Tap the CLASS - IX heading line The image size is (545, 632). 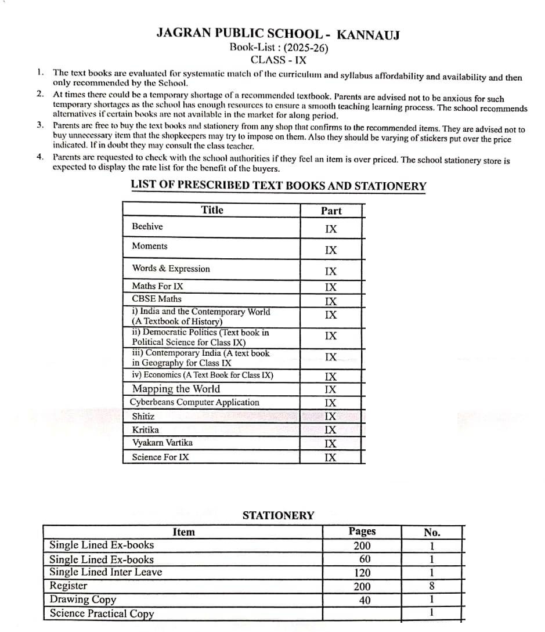[x=279, y=60]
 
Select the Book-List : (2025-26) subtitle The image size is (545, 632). [x=279, y=48]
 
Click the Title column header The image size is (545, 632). [x=212, y=210]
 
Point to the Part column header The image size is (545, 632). [x=331, y=211]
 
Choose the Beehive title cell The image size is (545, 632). [x=147, y=226]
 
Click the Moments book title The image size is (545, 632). [x=150, y=246]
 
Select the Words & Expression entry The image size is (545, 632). [x=171, y=269]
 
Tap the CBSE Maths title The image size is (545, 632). [x=157, y=299]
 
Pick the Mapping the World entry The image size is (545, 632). [x=176, y=389]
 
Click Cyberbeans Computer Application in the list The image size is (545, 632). [x=195, y=402]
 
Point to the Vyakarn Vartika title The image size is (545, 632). [x=163, y=443]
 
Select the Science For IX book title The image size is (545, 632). [x=160, y=457]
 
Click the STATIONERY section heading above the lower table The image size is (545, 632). [x=278, y=515]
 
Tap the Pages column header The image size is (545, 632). [x=362, y=531]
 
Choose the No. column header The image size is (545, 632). [x=432, y=532]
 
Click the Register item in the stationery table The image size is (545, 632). [x=68, y=586]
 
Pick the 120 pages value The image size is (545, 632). [x=362, y=573]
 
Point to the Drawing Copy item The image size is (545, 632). [x=83, y=600]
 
